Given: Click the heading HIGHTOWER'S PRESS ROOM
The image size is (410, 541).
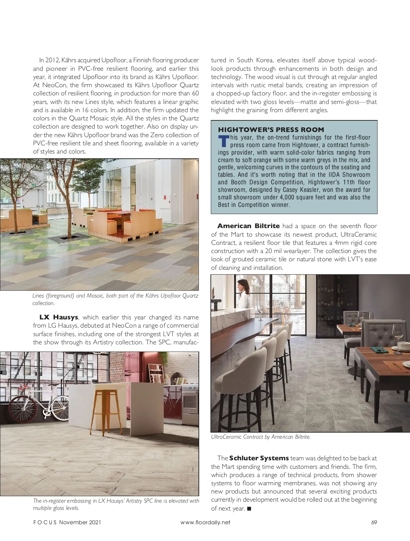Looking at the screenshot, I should click(x=271, y=130).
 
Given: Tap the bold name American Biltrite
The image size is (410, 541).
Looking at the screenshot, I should click(x=248, y=226).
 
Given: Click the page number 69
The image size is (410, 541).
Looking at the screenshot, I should click(x=374, y=522).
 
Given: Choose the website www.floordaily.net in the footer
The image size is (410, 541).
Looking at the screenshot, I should click(x=205, y=522).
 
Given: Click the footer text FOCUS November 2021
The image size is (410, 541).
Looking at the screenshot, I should click(x=67, y=522).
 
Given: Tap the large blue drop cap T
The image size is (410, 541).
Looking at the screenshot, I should click(x=224, y=141).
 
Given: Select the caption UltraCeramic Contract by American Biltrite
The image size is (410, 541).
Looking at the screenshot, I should click(x=261, y=437).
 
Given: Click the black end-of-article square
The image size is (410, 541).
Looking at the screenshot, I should click(x=249, y=509).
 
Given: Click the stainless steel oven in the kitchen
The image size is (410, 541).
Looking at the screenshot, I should click(x=191, y=404).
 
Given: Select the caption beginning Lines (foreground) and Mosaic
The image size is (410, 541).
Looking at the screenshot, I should click(x=115, y=299).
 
